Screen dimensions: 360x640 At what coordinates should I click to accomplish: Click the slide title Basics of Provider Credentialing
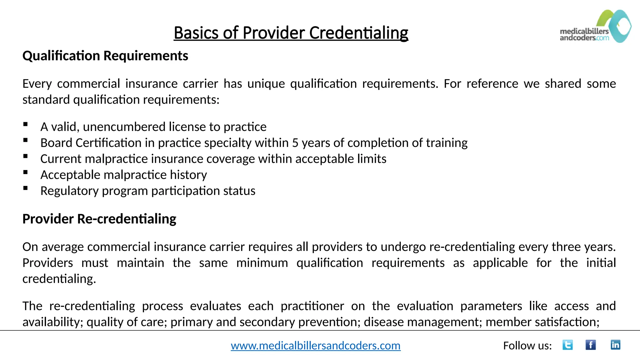(x=291, y=33)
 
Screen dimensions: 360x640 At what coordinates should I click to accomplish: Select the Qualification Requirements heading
(x=105, y=56)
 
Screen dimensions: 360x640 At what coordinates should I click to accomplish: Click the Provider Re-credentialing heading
(x=99, y=219)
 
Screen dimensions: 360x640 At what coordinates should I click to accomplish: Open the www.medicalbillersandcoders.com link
(x=316, y=346)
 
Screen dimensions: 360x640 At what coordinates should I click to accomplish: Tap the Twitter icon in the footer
(x=567, y=345)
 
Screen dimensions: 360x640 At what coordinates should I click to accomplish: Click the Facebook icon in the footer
(x=590, y=345)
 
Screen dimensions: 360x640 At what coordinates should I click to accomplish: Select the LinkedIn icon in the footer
(x=615, y=345)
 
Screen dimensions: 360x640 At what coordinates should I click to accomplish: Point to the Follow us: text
(x=527, y=346)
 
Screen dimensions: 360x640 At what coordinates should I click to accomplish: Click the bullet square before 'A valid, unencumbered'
(x=26, y=124)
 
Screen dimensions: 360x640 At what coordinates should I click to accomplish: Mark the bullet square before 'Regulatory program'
(x=26, y=188)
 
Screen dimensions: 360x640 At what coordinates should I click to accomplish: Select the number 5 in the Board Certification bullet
(x=295, y=143)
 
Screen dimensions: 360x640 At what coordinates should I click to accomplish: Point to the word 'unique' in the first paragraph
(x=266, y=84)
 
